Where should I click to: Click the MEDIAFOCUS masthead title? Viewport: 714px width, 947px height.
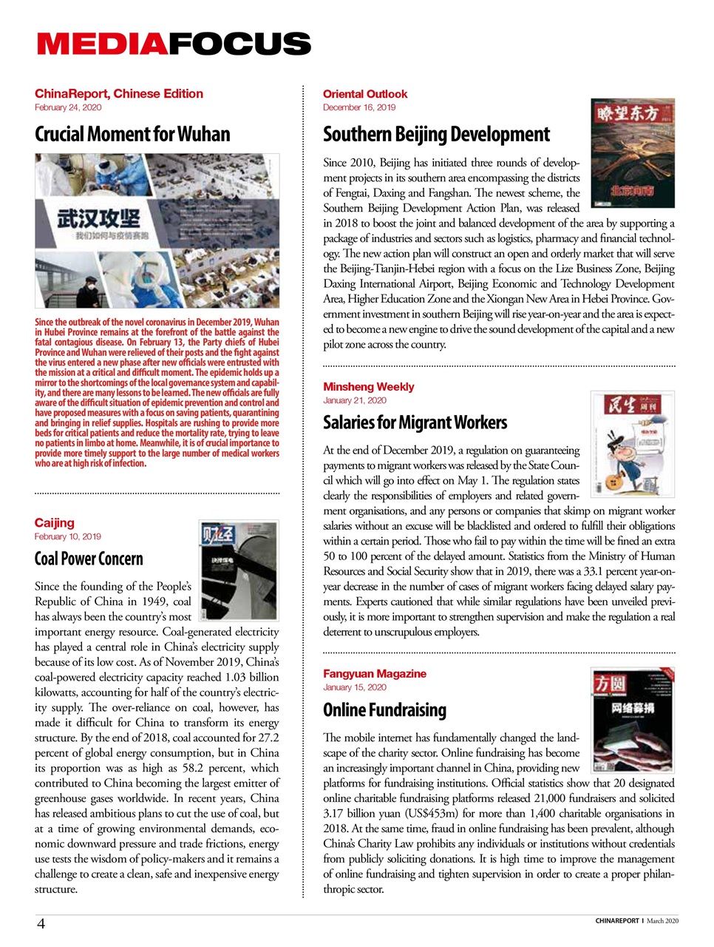coord(174,44)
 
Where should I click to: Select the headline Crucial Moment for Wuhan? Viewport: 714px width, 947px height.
coord(132,135)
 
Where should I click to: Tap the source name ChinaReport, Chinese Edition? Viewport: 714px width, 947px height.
coord(118,94)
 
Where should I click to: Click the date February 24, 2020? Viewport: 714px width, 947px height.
coord(68,107)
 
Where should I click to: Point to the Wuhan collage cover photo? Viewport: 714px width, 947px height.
coord(157,231)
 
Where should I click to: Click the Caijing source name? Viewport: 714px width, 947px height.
coord(55,523)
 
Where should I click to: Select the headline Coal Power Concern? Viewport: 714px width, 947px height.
coord(89,559)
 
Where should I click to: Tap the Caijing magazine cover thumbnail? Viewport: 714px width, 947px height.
coord(238,570)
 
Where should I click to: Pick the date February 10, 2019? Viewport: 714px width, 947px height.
coord(68,536)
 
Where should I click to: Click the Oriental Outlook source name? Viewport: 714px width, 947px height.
coord(365,94)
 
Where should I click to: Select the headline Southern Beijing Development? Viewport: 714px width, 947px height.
coord(436,135)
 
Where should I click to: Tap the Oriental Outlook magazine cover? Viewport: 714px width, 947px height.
coord(633,153)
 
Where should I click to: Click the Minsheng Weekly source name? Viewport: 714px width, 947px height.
coord(368,387)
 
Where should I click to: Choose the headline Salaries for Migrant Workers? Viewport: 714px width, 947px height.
coord(415,423)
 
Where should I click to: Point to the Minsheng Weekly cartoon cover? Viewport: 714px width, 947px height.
coord(633,444)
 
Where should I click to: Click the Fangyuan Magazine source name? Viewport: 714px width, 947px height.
coord(374,674)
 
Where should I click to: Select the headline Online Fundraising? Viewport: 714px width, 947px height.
coord(384,710)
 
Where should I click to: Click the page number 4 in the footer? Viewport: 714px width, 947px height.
coord(41,923)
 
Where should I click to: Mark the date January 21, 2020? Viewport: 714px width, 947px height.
coord(355,400)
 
